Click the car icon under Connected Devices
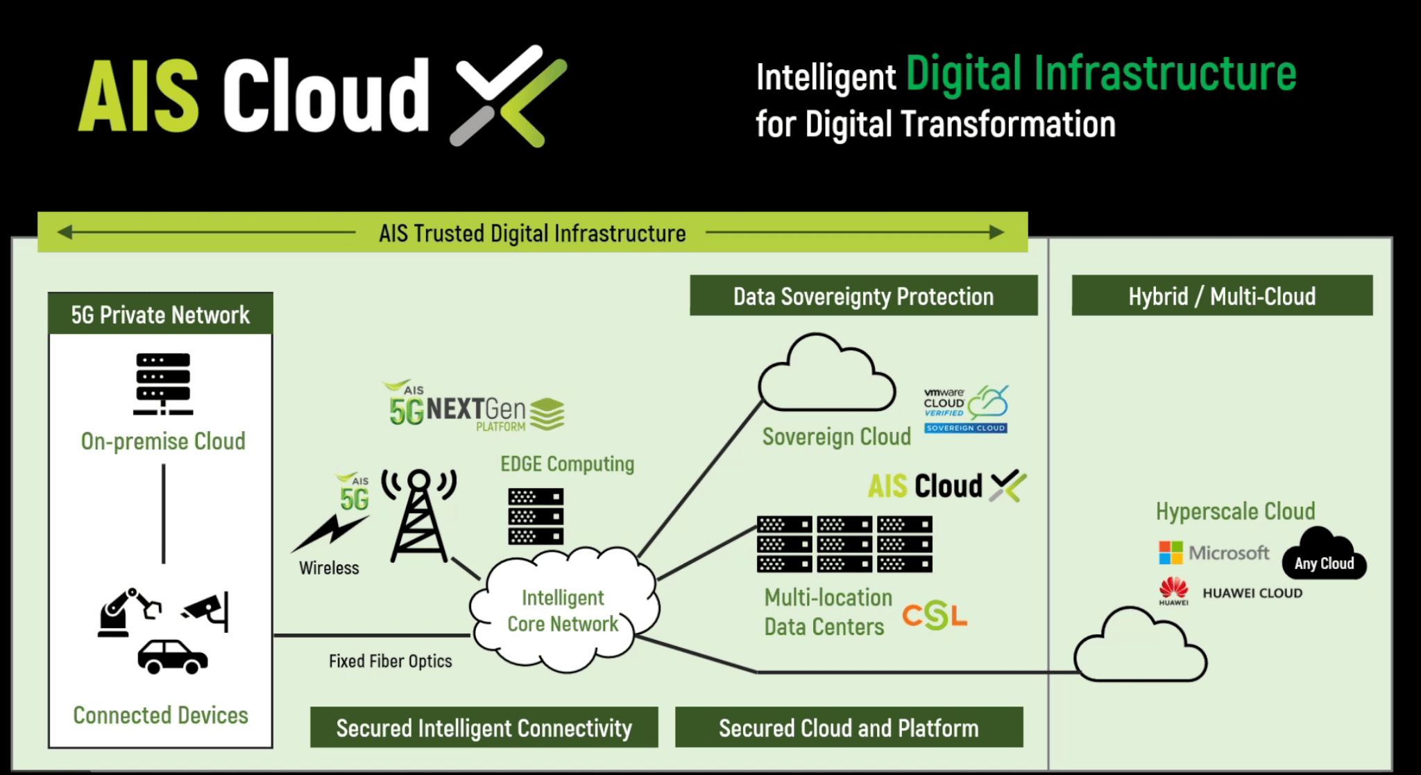click(172, 656)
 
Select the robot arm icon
click(127, 611)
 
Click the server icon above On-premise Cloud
click(163, 383)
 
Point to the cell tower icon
click(419, 516)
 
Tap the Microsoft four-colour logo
click(1171, 552)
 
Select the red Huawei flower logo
click(1173, 589)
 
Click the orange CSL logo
click(935, 615)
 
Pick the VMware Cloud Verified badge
click(966, 410)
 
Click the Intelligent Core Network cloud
click(563, 610)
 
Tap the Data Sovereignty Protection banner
click(863, 296)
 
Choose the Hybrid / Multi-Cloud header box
click(1222, 296)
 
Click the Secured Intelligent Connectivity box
click(484, 727)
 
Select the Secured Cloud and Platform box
click(849, 727)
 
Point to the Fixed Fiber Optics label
click(390, 661)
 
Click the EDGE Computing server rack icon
click(536, 516)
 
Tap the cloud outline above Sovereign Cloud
click(826, 376)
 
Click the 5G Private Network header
click(160, 314)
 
